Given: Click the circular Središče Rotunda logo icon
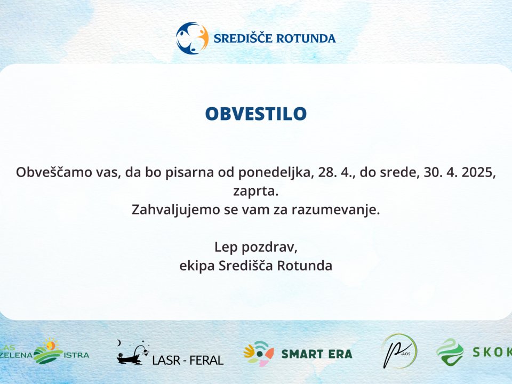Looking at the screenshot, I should coord(192,38).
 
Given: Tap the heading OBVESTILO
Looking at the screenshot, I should coord(256,114).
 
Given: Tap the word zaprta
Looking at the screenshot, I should coord(256,191).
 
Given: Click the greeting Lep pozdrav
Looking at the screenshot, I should coord(255,247).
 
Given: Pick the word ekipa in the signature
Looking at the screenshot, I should coord(197,266).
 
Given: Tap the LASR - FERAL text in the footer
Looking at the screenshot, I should coord(188,361).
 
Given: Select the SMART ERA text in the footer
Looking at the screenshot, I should coord(316,354).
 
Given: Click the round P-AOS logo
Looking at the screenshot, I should coord(399,351).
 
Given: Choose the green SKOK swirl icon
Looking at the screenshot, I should coord(450,351).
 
